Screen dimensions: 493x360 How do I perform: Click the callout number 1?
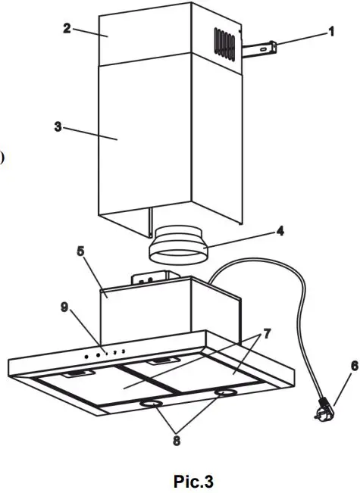pos(330,32)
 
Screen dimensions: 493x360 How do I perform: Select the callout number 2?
pos(67,29)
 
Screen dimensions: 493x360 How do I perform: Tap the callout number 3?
pos(58,126)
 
